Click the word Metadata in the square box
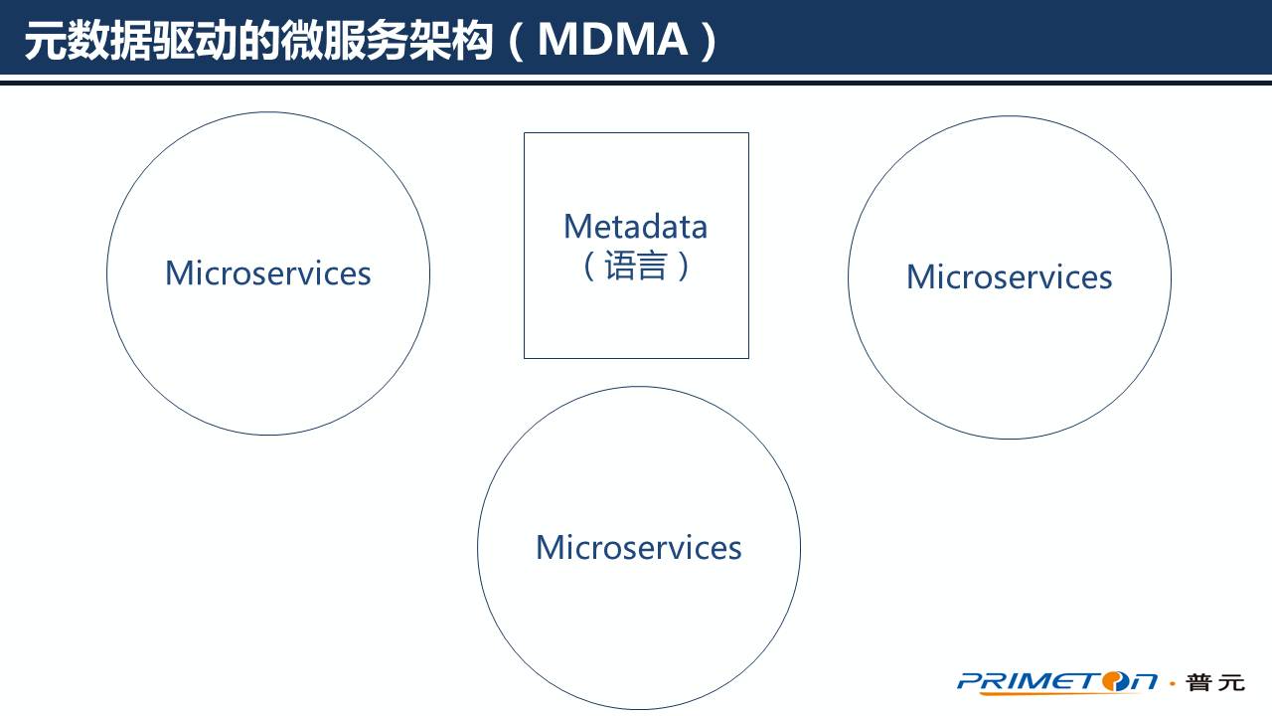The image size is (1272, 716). (635, 227)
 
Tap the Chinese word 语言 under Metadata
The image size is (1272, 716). (636, 266)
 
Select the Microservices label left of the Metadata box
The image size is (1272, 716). (267, 272)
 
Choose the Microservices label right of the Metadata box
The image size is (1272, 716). (1009, 276)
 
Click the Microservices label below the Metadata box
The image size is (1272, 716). (638, 547)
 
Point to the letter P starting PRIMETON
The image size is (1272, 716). (970, 681)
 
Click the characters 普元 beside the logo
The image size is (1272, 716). (1214, 682)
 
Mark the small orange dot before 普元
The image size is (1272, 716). (1173, 683)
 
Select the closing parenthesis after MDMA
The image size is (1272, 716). (707, 41)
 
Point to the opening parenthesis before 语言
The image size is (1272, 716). (589, 266)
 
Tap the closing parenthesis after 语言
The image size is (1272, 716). (683, 266)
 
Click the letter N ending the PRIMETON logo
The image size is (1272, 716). (1143, 681)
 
